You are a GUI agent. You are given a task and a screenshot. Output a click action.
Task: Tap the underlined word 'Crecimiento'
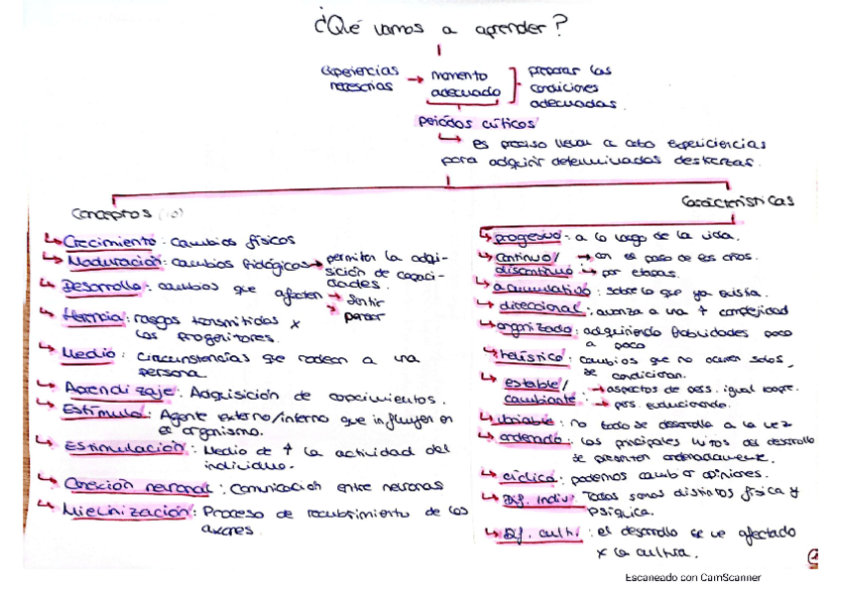click(x=109, y=241)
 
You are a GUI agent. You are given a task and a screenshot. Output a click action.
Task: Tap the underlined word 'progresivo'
click(x=528, y=236)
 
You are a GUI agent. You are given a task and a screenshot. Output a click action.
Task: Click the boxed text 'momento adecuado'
click(x=465, y=83)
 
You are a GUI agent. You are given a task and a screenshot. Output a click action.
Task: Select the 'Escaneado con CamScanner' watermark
click(x=693, y=577)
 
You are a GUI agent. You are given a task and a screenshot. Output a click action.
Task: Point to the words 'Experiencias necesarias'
click(x=359, y=77)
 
